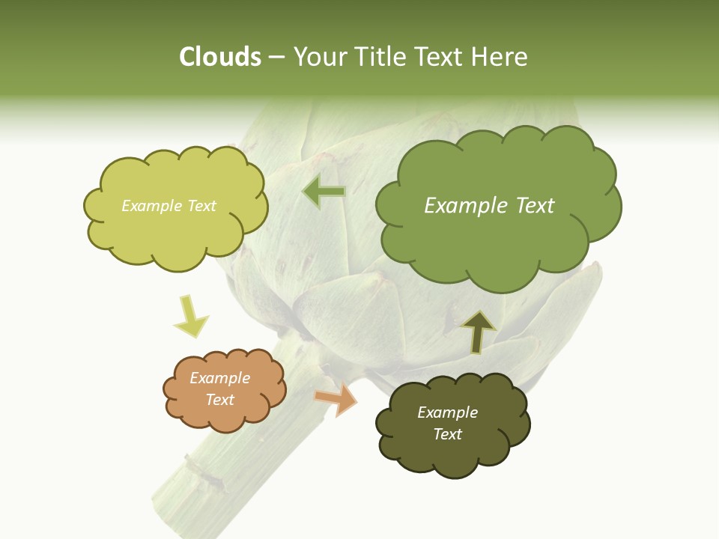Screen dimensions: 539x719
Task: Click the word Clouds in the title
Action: tap(219, 57)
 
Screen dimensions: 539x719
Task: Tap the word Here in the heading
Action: tap(502, 57)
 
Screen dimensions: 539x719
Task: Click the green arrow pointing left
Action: tap(324, 192)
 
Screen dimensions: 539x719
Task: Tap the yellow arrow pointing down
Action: tap(190, 317)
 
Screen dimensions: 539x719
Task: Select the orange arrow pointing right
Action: tap(336, 400)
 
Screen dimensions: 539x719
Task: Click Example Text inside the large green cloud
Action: tap(489, 206)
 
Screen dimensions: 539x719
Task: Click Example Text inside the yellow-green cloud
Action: tap(169, 206)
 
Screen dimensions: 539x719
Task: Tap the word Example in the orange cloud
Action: tap(219, 378)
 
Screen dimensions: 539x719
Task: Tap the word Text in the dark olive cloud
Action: tap(447, 434)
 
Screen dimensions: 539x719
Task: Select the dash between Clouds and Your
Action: tap(276, 58)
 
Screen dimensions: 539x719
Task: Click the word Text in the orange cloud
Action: tap(219, 400)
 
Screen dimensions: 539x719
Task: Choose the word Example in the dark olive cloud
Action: tap(447, 412)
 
